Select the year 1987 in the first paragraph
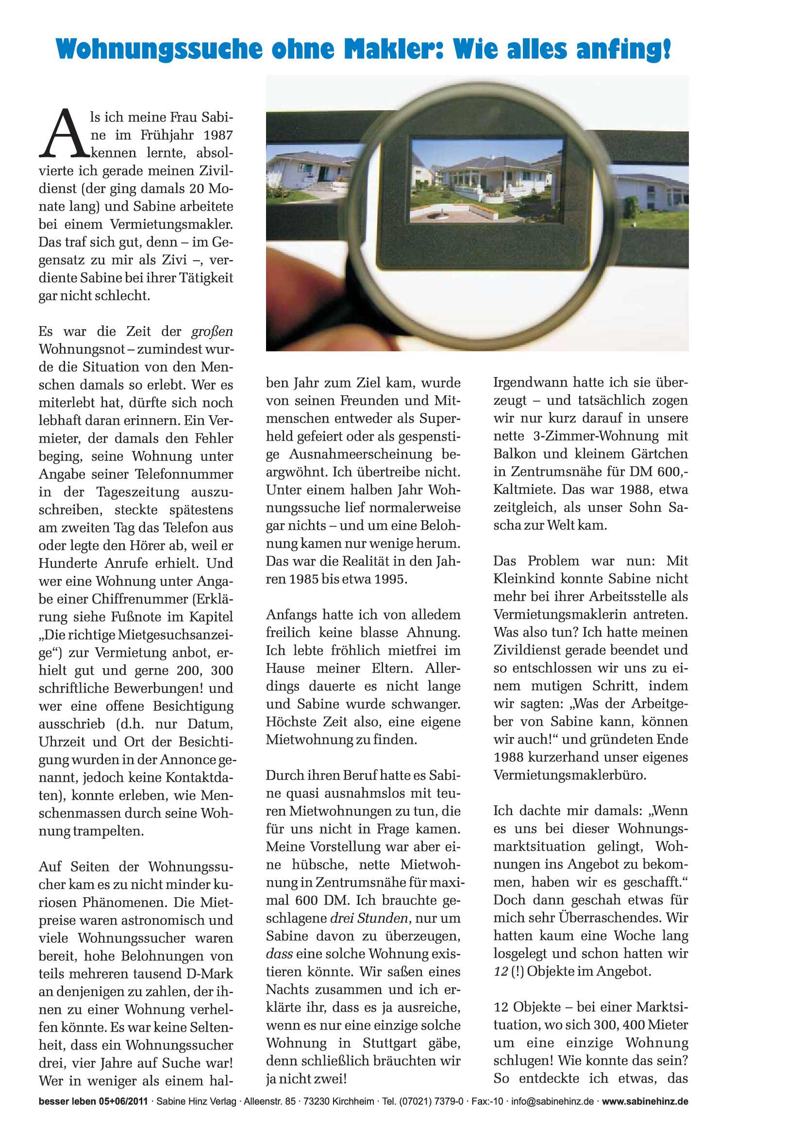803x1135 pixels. pos(218,135)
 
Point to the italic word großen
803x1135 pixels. pos(212,331)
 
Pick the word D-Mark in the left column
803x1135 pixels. pos(210,973)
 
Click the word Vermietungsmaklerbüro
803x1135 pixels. pos(569,774)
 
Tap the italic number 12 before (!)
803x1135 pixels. pos(501,971)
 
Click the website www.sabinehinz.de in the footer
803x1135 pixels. pos(645,1102)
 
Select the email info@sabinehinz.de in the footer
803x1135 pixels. pos(552,1102)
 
